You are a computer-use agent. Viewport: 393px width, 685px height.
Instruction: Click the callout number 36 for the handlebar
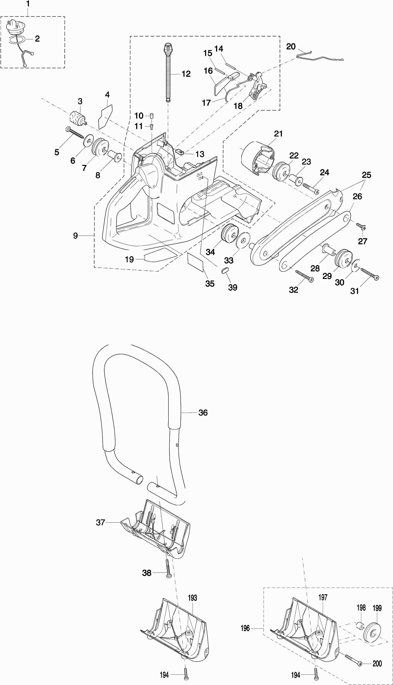pyautogui.click(x=203, y=412)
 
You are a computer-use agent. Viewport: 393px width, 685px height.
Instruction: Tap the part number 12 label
pyautogui.click(x=186, y=74)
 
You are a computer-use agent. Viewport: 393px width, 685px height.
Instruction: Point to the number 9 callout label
pyautogui.click(x=76, y=236)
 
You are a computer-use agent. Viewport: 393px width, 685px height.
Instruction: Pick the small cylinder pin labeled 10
pyautogui.click(x=152, y=116)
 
